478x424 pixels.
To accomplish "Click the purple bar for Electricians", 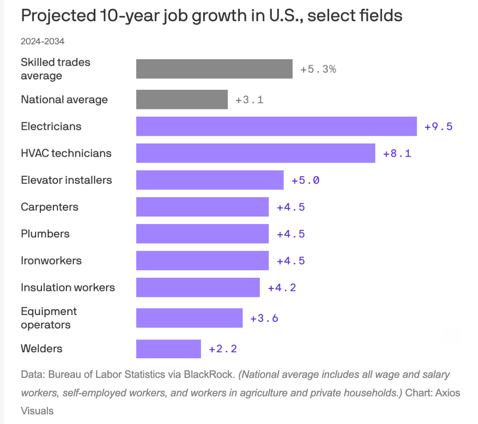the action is point(277,126).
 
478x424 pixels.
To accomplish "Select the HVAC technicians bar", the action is point(255,153).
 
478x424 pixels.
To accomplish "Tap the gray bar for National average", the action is point(182,99).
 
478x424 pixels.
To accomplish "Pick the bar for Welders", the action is point(169,349).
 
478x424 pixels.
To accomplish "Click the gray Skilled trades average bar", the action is point(214,69).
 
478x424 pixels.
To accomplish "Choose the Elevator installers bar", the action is point(210,180).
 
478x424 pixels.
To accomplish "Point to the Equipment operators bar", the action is point(189,318).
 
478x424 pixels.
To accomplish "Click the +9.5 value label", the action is point(439,127).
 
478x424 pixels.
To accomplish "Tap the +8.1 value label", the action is point(397,153).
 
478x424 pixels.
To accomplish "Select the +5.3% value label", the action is point(318,69).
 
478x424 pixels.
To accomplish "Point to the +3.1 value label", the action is point(249,100).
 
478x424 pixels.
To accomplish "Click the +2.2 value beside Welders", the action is point(223,349).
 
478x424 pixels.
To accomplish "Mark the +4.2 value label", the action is point(282,288).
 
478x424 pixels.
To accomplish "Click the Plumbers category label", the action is point(45,234).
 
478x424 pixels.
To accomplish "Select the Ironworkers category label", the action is point(51,260).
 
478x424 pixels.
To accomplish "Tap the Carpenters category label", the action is point(50,207).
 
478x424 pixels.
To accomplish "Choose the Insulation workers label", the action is point(68,288).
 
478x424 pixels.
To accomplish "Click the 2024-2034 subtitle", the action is point(43,42).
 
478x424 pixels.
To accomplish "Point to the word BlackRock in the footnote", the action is point(209,375).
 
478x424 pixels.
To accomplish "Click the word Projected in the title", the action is point(58,16).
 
